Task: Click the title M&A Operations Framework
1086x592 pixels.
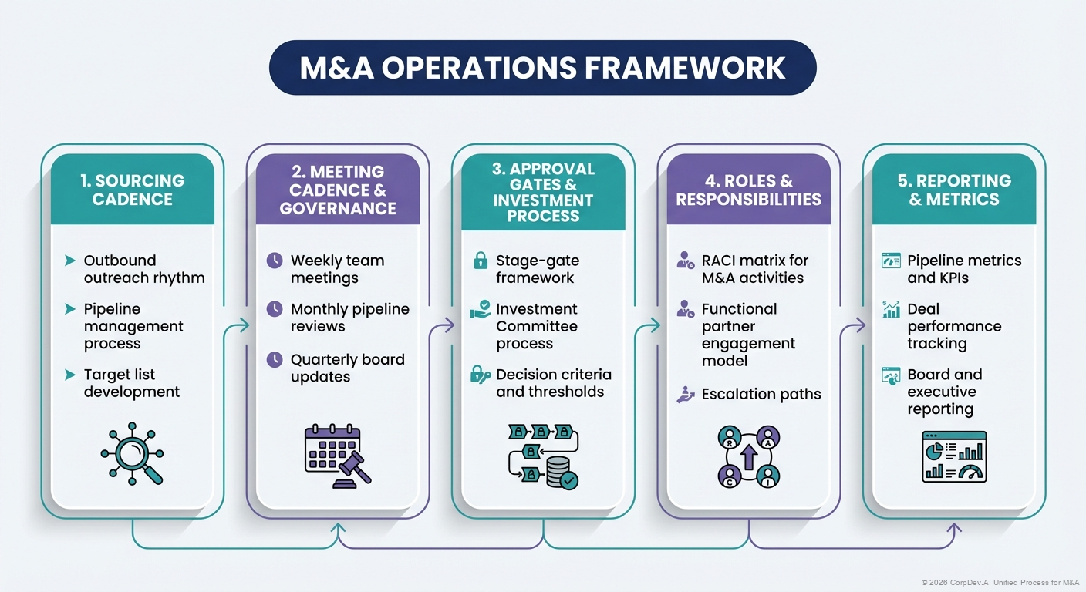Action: (x=542, y=68)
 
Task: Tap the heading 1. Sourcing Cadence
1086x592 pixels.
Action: (x=133, y=190)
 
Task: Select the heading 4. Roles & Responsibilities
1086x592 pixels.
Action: (x=748, y=190)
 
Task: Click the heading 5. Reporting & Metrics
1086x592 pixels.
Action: (x=953, y=190)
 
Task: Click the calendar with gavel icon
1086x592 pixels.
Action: (x=338, y=456)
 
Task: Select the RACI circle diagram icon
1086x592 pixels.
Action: (x=748, y=456)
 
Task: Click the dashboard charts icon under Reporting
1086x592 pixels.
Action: (x=954, y=456)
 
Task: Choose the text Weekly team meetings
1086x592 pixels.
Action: (x=337, y=269)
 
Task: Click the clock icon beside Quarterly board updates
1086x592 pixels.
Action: (x=274, y=359)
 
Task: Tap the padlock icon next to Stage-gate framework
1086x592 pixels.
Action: (x=480, y=261)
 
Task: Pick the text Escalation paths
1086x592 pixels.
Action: (x=761, y=394)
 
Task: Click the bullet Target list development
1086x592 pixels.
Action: (x=131, y=383)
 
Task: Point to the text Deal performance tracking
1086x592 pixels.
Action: (x=954, y=326)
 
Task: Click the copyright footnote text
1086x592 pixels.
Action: (x=1000, y=582)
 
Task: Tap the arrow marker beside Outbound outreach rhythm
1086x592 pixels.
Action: (x=70, y=261)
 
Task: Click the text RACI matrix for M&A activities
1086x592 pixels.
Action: (x=754, y=269)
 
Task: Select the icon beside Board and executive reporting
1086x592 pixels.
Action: (x=891, y=375)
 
